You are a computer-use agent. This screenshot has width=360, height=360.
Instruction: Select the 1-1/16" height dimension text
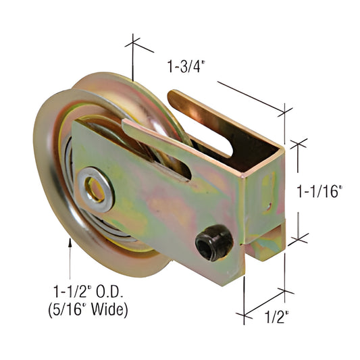coord(320,192)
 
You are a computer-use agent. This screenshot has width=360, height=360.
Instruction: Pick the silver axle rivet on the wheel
coord(95,187)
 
